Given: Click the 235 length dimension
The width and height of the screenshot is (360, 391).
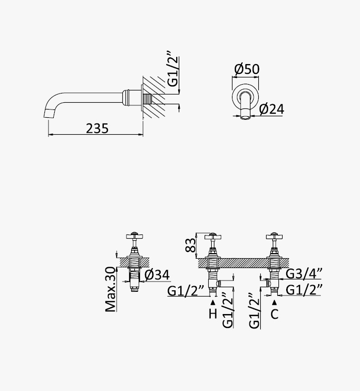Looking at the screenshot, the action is point(97,129).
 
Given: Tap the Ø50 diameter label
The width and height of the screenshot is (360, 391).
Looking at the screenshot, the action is point(247,69).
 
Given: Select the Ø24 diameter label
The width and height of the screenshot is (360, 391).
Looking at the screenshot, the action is point(271,109).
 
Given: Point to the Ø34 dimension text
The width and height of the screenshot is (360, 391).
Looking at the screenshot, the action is point(157,275).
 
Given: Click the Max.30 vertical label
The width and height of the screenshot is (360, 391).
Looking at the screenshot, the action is point(111,289).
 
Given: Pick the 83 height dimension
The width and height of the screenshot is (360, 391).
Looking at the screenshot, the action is point(191,245).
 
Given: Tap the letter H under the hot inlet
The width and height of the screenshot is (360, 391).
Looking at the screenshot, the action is point(213,314).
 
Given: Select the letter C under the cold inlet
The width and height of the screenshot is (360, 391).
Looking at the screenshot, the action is point(274,314).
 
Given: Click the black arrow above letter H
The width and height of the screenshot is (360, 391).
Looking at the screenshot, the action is point(213,303).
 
